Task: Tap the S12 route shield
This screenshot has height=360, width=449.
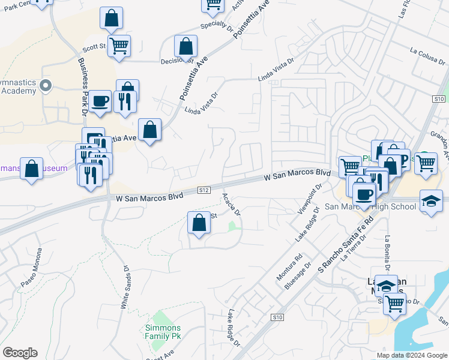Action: tap(204, 190)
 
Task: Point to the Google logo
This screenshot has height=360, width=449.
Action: tap(20, 353)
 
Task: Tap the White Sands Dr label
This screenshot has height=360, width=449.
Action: tap(125, 288)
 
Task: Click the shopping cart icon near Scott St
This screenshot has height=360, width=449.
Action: tap(119, 46)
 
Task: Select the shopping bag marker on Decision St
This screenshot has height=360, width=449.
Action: tap(186, 47)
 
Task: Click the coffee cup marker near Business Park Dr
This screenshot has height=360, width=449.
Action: tap(101, 101)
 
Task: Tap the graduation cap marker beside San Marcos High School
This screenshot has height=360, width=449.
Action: tap(432, 201)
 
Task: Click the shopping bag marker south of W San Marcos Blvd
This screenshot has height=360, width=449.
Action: tap(199, 223)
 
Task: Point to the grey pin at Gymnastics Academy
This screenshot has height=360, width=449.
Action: tap(46, 87)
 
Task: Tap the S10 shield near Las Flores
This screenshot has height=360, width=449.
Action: tap(439, 98)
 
